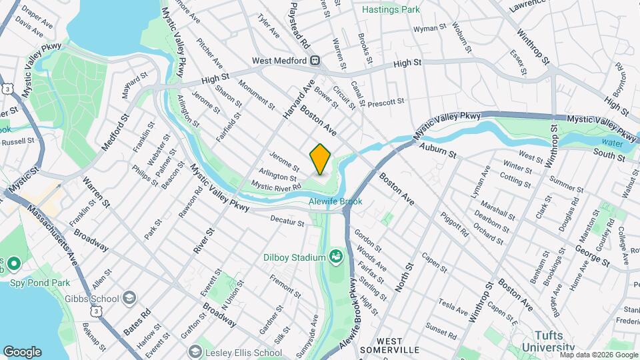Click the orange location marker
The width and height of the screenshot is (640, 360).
click(x=320, y=159)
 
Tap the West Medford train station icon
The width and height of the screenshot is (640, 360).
click(x=315, y=61)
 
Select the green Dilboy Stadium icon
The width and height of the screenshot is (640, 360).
click(x=336, y=257)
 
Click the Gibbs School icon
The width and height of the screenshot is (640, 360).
click(x=129, y=298)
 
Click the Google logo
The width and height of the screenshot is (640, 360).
click(x=22, y=351)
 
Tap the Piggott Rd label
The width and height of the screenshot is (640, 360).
click(x=453, y=223)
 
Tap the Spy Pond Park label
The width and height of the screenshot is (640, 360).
click(x=31, y=283)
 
